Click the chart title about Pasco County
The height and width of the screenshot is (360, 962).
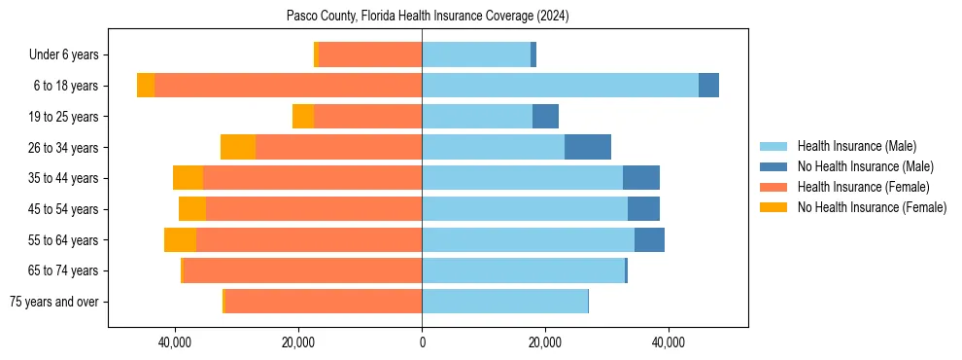(x=428, y=17)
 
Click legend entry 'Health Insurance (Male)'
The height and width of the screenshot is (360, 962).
(x=856, y=146)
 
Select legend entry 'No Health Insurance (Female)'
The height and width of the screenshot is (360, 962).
(x=872, y=207)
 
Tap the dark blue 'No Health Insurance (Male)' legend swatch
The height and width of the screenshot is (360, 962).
(x=773, y=166)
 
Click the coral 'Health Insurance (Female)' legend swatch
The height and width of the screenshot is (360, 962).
(x=773, y=187)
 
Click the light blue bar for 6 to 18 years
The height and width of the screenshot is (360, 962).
(x=560, y=86)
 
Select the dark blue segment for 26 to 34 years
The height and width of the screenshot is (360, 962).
(x=588, y=147)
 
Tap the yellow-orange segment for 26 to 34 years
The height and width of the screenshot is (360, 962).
(x=238, y=147)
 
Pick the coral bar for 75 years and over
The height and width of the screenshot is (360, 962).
(x=324, y=302)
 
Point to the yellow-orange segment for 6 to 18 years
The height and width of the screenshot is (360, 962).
(x=146, y=86)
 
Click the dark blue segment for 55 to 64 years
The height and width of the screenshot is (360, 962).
(x=649, y=239)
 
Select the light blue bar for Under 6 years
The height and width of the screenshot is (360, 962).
(x=476, y=54)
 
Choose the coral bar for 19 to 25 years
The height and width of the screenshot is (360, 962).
(x=367, y=117)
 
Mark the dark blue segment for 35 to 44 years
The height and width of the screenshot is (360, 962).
(x=641, y=178)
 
